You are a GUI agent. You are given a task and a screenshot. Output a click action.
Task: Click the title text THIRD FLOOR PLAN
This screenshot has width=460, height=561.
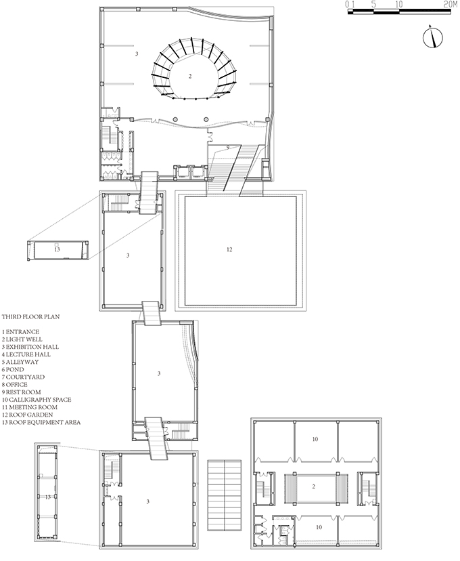[30, 316]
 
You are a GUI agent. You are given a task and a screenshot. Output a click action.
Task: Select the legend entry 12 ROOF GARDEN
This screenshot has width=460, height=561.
[28, 415]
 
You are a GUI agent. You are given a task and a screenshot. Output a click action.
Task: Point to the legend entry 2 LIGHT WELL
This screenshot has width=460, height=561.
[22, 339]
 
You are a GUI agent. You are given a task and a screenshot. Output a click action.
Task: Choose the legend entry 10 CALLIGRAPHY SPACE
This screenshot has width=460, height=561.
[37, 400]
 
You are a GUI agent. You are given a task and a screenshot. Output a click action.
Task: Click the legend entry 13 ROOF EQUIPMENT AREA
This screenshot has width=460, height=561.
[41, 422]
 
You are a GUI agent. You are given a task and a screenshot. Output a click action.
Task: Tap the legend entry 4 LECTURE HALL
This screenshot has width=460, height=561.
[26, 354]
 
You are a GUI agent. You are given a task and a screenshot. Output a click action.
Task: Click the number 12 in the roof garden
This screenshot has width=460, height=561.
[229, 249]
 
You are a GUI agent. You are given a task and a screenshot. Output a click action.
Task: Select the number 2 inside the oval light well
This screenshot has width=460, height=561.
[190, 76]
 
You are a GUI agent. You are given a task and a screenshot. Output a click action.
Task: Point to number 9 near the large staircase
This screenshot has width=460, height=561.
[227, 147]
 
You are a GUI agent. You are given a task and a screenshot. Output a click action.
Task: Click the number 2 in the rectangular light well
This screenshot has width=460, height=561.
[314, 486]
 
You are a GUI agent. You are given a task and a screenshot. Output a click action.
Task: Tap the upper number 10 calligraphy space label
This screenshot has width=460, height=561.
[315, 439]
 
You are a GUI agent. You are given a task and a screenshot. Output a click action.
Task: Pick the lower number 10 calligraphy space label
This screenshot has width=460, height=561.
[319, 527]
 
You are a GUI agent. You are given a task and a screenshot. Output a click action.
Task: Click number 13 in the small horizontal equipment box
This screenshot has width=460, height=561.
[57, 249]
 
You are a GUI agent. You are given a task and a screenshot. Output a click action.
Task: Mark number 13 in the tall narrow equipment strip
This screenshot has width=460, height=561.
[47, 497]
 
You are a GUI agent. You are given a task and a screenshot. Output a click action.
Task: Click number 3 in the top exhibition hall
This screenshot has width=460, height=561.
[137, 54]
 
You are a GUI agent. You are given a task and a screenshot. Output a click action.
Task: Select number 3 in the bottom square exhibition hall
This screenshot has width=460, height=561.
[148, 501]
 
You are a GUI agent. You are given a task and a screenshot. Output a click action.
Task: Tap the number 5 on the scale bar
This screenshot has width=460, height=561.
[373, 4]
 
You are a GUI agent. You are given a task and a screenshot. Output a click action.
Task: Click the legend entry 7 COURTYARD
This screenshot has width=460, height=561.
[23, 377]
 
